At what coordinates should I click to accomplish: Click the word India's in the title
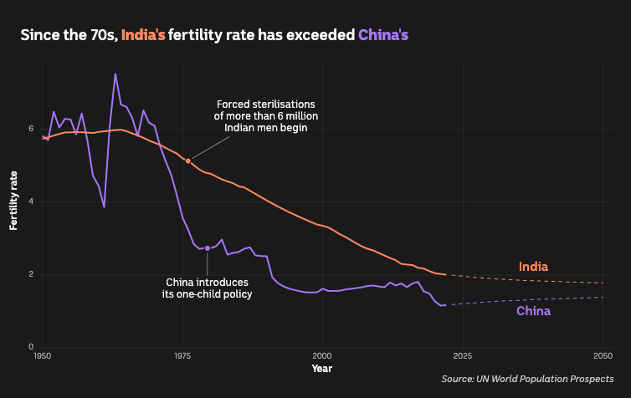[143, 35]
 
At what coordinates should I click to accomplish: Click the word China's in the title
[384, 35]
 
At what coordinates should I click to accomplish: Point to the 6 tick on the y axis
[31, 129]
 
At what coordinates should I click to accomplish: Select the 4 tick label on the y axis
[31, 202]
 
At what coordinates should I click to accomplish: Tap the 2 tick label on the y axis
[31, 274]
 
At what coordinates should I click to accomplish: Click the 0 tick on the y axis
[31, 347]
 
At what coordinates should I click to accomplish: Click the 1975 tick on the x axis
[182, 356]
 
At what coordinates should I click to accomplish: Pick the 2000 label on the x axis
[321, 356]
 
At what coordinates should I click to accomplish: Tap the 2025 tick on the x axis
[462, 356]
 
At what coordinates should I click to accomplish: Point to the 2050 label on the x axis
[602, 356]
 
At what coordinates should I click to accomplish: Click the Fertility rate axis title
[13, 199]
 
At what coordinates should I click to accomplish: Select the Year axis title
[321, 369]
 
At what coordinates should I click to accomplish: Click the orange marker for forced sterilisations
[188, 161]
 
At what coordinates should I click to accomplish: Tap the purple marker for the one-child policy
[208, 248]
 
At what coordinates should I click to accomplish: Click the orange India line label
[533, 267]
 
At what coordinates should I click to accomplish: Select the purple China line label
[533, 311]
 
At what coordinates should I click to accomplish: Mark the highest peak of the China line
[115, 74]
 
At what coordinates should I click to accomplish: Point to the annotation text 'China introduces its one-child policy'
[207, 288]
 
